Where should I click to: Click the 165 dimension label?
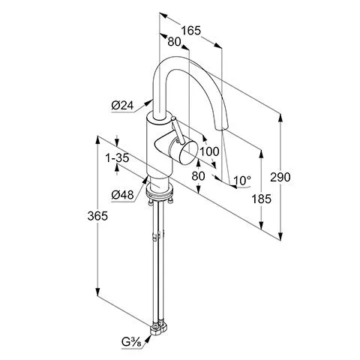(191, 31)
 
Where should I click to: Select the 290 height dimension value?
(280, 177)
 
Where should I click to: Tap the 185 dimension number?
(261, 199)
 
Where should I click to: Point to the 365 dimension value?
(97, 216)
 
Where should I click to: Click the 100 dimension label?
(209, 151)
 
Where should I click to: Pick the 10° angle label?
(242, 180)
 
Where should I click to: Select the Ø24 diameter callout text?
(122, 106)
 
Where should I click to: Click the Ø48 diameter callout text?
(122, 195)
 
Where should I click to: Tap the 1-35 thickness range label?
(117, 157)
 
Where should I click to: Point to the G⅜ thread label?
(131, 342)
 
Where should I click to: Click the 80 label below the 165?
(174, 42)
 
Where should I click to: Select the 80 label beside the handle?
(198, 176)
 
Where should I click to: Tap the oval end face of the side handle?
(189, 152)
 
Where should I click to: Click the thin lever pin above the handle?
(178, 130)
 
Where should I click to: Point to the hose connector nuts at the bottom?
(158, 328)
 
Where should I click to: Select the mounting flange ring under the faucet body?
(160, 192)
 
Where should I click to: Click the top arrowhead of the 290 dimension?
(280, 118)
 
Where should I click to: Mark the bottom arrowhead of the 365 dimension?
(97, 292)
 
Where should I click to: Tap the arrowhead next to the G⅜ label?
(148, 339)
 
